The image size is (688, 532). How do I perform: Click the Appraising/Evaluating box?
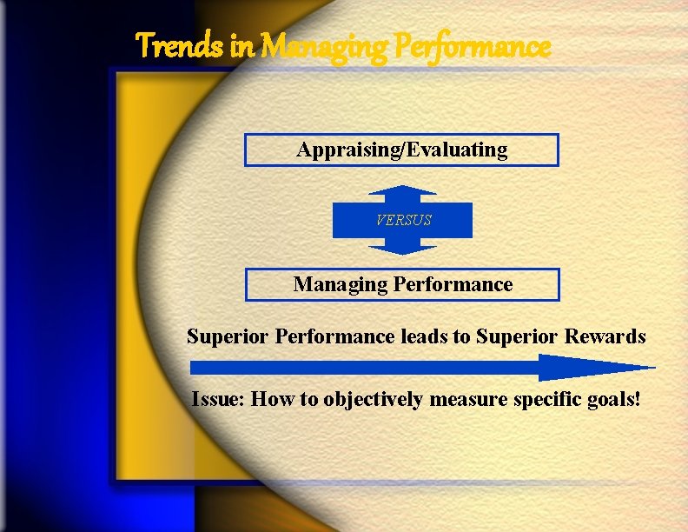[x=401, y=150]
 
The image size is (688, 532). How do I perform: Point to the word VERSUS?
[x=403, y=220]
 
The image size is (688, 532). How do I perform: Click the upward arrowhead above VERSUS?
[x=402, y=192]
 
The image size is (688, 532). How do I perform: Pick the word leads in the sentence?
[x=422, y=336]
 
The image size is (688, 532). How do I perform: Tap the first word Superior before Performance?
[x=228, y=336]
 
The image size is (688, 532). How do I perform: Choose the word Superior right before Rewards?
[x=519, y=336]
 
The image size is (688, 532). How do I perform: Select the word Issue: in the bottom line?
[x=219, y=399]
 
